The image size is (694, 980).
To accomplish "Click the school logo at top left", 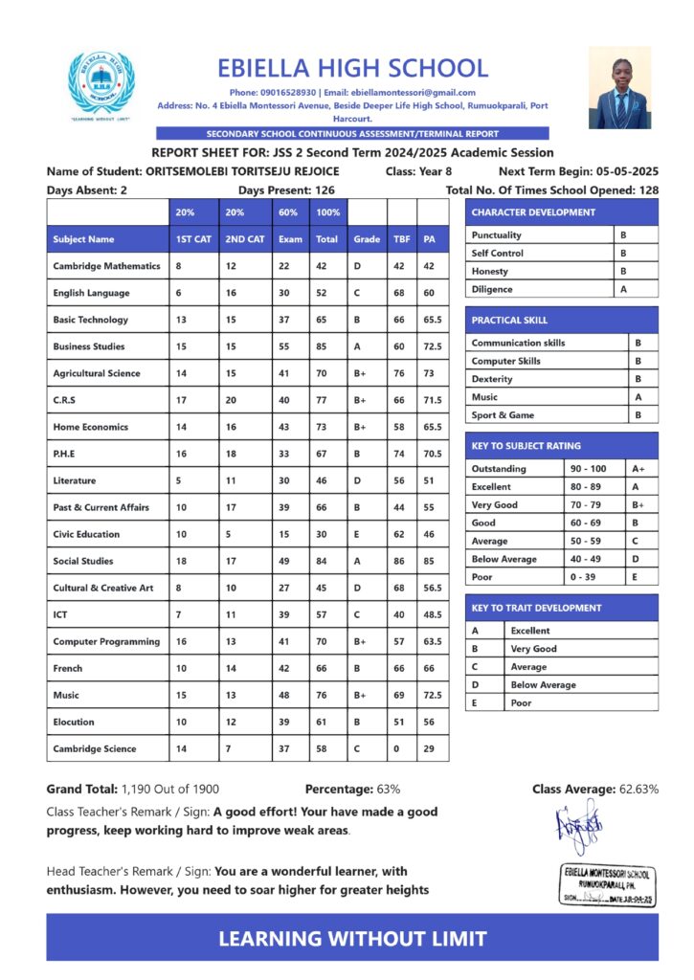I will click(x=101, y=87).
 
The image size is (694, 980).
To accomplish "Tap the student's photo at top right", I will click(x=619, y=87).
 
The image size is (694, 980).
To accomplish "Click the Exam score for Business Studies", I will click(x=284, y=346).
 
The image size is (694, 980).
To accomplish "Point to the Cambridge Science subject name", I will click(x=95, y=748).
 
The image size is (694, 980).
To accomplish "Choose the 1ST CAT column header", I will click(x=193, y=239).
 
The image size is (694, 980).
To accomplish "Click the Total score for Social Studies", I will click(x=325, y=561).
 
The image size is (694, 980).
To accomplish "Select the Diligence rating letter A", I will click(x=623, y=289).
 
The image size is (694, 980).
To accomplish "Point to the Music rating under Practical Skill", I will click(x=638, y=397).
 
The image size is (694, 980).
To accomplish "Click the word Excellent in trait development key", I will click(x=530, y=631).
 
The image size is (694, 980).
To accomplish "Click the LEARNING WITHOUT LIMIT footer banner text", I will click(x=352, y=939).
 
